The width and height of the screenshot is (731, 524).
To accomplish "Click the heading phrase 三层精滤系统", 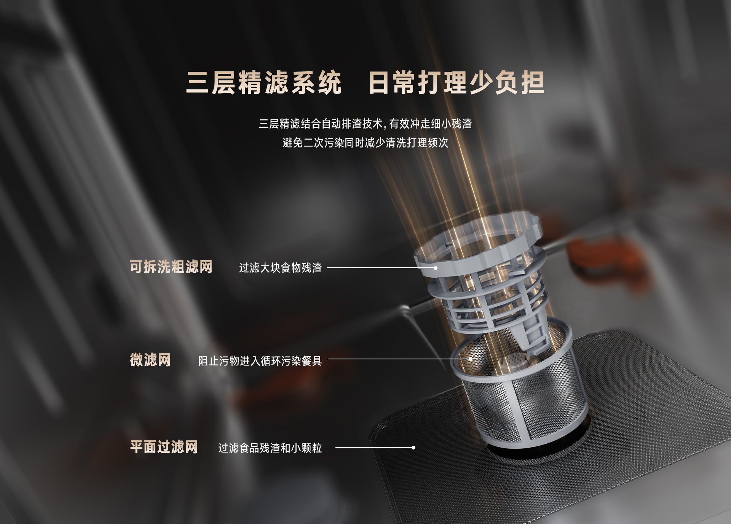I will tap(263, 83).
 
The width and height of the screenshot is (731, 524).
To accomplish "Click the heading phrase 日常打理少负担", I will tap(456, 83).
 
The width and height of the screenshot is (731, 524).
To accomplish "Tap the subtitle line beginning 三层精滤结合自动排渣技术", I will tap(365, 124).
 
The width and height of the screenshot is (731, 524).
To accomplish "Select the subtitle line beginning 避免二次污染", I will tap(365, 143).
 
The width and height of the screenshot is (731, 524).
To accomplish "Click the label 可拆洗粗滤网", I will tap(171, 267).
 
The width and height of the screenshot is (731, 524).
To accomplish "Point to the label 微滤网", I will tap(150, 360).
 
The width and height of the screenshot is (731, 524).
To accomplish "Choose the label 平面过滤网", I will tap(164, 447).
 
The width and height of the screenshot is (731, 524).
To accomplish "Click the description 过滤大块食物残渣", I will tap(280, 268).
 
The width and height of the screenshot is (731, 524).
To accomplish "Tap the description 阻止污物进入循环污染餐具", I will tap(260, 360).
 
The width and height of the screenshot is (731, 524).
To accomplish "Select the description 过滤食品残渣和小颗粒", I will tap(270, 448).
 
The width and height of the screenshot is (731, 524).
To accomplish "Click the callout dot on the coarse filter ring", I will tap(436, 268).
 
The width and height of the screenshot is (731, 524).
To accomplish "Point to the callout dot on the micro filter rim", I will tap(471, 359).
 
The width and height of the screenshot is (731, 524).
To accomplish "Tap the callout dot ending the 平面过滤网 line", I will tap(413, 448).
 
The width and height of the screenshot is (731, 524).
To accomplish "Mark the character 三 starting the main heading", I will tap(198, 83).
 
